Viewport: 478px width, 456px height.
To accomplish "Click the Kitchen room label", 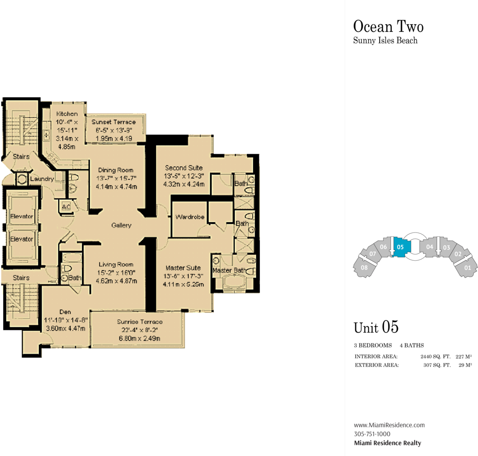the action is pos(67,114).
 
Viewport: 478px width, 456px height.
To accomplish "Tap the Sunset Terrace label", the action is pos(114,122).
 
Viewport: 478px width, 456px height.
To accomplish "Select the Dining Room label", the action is pos(115,170).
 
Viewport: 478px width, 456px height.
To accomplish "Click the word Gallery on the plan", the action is pos(121,225).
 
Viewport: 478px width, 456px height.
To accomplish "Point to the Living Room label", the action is pos(116,265).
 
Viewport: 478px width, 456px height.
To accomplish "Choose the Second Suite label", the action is pos(184,168).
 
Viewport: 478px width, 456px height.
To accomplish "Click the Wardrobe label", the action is pos(190,217).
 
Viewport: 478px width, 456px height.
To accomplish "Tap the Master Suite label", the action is pos(183,268).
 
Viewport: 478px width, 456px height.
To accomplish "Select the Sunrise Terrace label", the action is pos(140,321).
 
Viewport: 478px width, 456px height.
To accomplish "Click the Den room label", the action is pos(65,312).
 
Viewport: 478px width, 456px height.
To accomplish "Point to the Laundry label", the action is pos(42,179).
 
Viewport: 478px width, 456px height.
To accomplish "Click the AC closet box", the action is pos(66,207).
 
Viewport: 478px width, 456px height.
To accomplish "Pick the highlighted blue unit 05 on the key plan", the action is pos(401,247).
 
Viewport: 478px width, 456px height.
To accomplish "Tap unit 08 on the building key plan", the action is pos(364,267).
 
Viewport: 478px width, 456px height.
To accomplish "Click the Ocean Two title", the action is pos(389,26).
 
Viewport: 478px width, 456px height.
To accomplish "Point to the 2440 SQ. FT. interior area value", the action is pos(436,356).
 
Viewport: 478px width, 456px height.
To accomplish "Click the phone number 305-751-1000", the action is pos(372,434).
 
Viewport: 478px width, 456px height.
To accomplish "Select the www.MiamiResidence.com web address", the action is pos(389,425).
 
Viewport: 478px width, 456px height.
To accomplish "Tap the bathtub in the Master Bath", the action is pos(234,282).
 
